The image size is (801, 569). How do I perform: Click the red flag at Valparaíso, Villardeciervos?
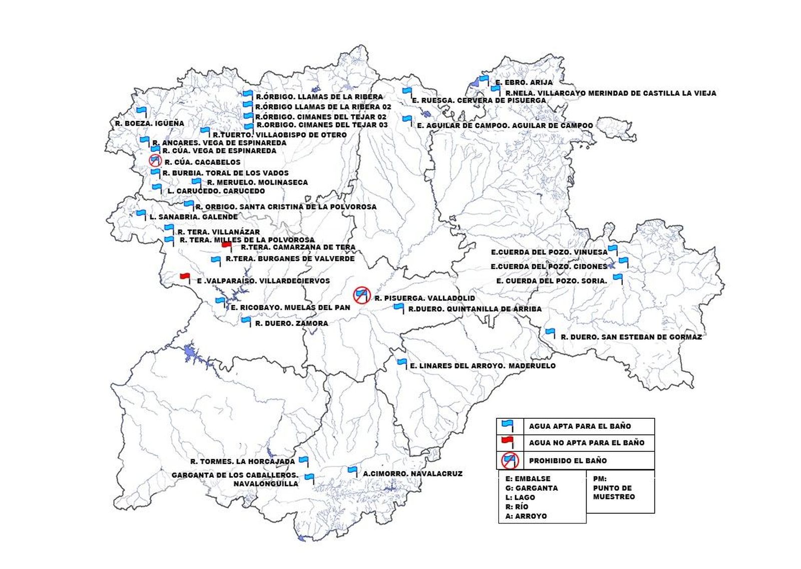tap(185, 277)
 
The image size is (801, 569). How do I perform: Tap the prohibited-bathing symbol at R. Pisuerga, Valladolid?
tap(361, 295)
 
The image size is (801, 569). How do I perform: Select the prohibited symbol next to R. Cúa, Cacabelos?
tap(155, 161)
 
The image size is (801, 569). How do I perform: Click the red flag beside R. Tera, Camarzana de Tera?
tap(226, 245)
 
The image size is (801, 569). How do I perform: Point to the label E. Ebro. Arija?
tap(524, 83)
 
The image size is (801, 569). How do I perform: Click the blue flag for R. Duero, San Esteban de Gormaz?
tap(550, 332)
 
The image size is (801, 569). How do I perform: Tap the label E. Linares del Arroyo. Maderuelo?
tap(483, 366)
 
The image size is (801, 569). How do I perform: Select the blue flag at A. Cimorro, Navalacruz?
tap(352, 470)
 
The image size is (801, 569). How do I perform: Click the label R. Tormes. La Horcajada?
tap(242, 462)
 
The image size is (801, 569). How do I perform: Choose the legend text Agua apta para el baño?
tap(580, 426)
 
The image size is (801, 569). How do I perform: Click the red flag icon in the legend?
tap(508, 441)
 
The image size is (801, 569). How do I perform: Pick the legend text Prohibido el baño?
tap(568, 460)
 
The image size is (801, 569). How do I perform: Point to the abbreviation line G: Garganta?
tap(531, 488)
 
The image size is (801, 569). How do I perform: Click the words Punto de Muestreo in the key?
tap(614, 492)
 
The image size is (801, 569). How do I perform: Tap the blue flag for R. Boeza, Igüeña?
tap(141, 111)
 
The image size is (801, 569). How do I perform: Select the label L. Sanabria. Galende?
tap(193, 217)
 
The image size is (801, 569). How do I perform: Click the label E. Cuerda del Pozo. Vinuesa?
tap(549, 252)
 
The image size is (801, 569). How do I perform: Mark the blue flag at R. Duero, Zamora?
tap(246, 320)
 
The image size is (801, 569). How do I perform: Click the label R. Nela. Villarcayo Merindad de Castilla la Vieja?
tap(610, 93)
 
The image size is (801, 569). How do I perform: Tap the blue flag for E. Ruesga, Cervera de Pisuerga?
tap(407, 92)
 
